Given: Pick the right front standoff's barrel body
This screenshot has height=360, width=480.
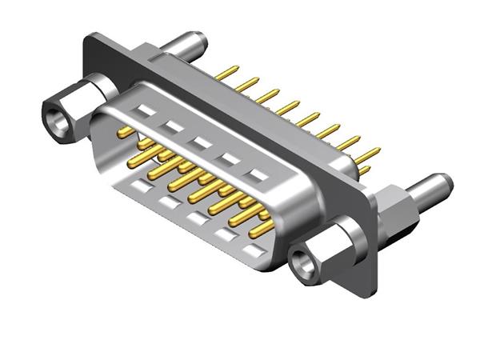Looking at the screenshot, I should (x=328, y=244).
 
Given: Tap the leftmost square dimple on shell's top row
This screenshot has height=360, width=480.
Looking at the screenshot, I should (x=144, y=110).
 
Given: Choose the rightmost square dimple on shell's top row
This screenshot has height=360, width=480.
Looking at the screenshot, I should (x=256, y=174).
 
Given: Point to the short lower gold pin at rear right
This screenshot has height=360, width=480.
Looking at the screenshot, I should (x=365, y=169).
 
